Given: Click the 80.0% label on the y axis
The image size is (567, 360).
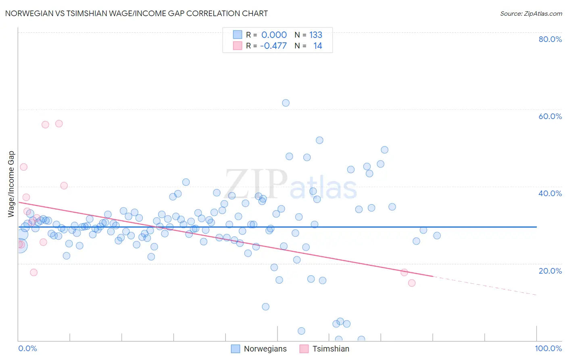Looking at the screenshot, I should point(550,39).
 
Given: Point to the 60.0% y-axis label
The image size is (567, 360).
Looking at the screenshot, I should point(550,116).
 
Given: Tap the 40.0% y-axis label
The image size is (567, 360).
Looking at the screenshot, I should point(550,193).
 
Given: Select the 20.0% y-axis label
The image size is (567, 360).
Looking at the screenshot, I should point(550,271).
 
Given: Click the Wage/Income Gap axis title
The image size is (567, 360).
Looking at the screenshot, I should point(11,184).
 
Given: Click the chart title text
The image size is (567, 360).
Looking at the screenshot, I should point(136,14).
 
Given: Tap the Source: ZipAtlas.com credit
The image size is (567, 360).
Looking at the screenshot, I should point(531,14).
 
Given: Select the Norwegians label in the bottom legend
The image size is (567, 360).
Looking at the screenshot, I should point(265,349).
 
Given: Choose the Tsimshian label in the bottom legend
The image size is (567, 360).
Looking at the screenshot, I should point(331,349).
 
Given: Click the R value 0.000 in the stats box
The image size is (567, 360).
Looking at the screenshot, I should point(274,35).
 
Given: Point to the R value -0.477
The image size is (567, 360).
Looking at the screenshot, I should point(273,46).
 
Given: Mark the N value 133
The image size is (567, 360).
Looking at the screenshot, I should point(316,35).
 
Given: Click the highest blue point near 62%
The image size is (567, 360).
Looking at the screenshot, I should point(286,103).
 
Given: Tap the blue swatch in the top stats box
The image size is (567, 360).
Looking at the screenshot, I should point(238,35).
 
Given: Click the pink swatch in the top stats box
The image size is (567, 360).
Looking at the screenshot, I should point(238,46).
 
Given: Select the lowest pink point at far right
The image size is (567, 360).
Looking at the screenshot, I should point(412,283).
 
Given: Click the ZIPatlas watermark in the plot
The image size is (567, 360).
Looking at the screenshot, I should point(290,185).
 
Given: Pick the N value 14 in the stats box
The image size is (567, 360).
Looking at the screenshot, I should point(318,46).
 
